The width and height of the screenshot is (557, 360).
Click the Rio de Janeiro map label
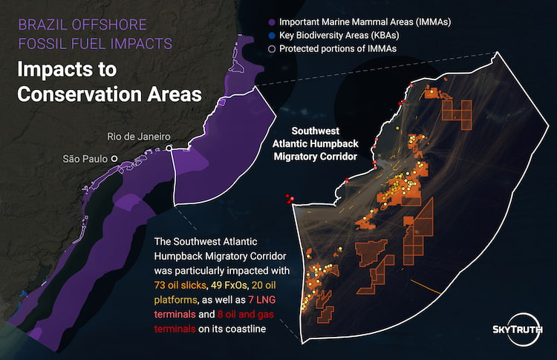pyautogui.click(x=139, y=137)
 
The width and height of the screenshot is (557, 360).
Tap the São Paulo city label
pyautogui.click(x=85, y=159)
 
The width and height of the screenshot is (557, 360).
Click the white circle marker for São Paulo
pyautogui.click(x=114, y=159)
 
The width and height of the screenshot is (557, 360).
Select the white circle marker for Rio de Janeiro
pyautogui.click(x=169, y=149)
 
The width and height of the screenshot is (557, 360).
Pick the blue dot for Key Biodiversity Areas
pyautogui.click(x=273, y=35)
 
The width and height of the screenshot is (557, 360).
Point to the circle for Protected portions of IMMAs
pyautogui.click(x=273, y=48)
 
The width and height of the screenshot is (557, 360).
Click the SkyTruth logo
pyautogui.click(x=518, y=329)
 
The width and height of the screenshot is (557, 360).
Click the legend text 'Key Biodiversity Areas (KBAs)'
pyautogui.click(x=337, y=35)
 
